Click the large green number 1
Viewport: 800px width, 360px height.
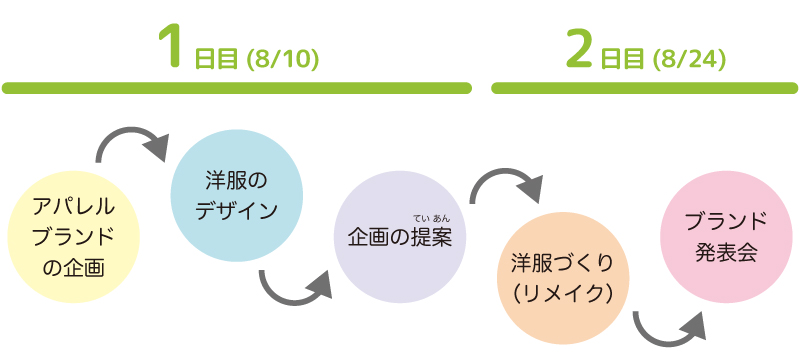click(x=172, y=48)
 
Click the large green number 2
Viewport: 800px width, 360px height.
click(x=579, y=48)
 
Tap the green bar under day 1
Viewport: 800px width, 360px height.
click(x=236, y=88)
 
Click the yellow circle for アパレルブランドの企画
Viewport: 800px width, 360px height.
click(x=73, y=236)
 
